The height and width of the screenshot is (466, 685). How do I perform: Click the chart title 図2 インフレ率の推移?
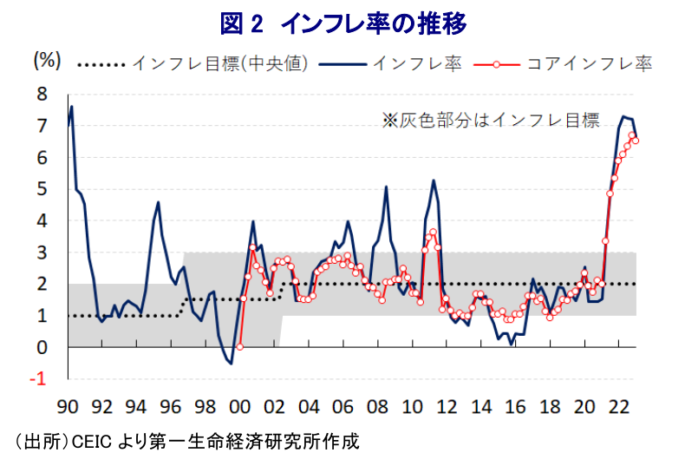tap(343, 23)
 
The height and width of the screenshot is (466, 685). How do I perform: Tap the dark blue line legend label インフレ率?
tap(416, 63)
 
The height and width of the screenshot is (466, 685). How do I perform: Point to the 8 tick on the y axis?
tap(51, 94)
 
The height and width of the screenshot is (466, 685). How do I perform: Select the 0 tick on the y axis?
tap(51, 347)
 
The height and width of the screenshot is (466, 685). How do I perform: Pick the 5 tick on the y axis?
tap(51, 189)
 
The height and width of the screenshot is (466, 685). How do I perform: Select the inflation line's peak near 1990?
tap(72, 107)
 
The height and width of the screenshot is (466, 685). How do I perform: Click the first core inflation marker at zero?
tap(239, 346)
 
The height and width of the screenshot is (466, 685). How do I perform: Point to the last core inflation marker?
tap(636, 141)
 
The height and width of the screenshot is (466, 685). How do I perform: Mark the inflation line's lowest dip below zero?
tap(231, 363)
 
